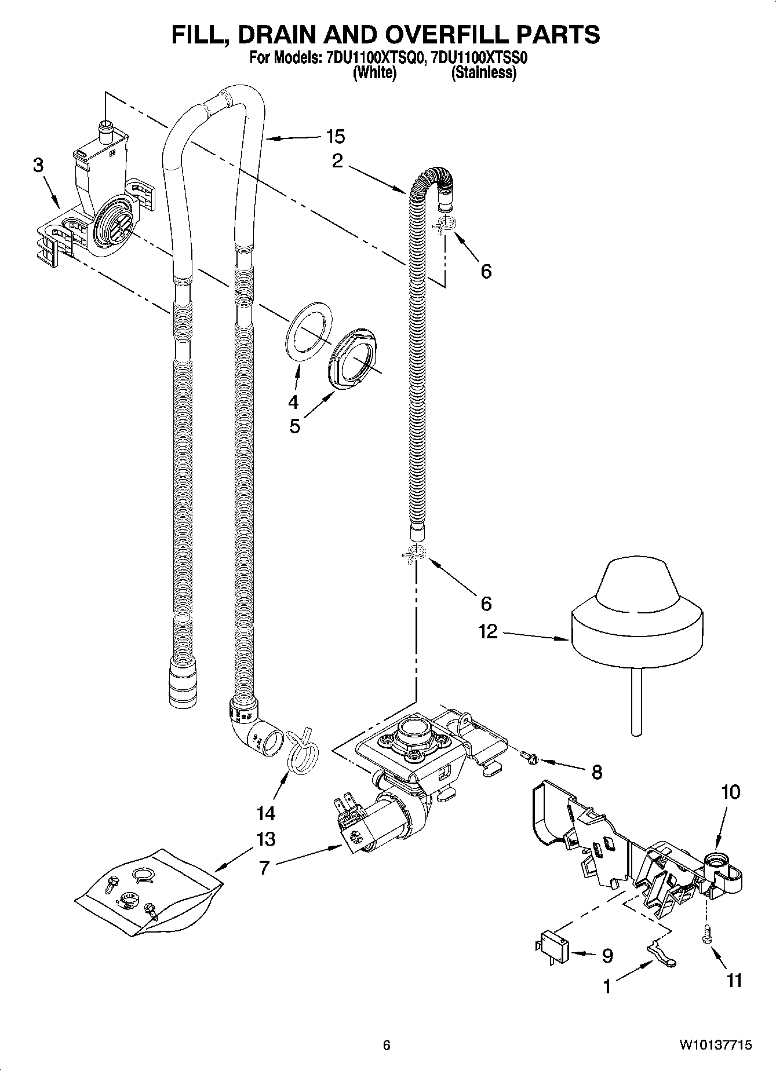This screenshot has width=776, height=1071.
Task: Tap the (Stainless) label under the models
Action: coord(484,73)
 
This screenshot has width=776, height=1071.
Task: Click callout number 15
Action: coord(335,137)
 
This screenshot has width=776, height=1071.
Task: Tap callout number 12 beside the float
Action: coord(488,631)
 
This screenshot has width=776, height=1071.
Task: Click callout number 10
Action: coord(731,792)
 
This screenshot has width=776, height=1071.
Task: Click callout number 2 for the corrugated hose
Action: coord(337,162)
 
